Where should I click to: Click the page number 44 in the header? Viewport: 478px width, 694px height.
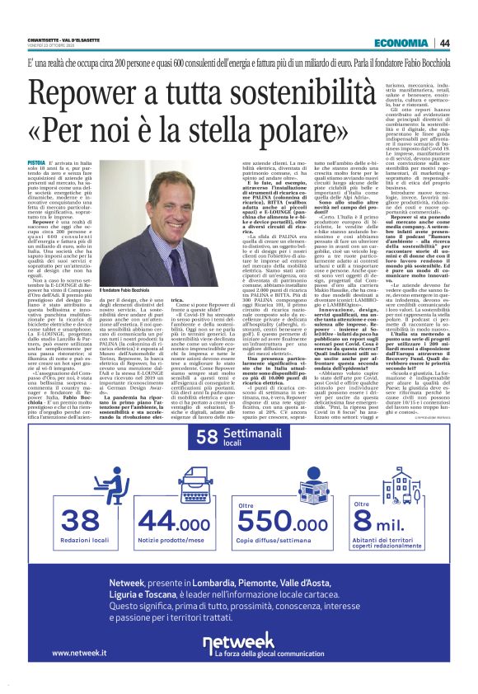coord(443,43)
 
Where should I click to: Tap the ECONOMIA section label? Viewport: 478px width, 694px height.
coord(400,43)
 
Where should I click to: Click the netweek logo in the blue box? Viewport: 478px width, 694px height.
coord(239,662)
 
